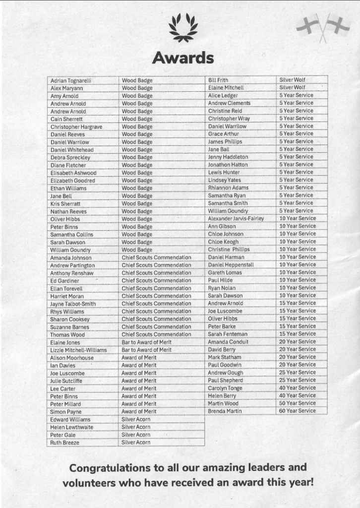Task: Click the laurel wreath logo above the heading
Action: [x=183, y=28]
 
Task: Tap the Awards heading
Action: [x=183, y=58]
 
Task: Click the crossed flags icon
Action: [x=323, y=27]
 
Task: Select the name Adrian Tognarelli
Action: [x=71, y=80]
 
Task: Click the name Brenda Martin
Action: [x=225, y=411]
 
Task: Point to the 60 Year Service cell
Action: [x=297, y=411]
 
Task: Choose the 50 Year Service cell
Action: [x=297, y=403]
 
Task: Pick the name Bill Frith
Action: [x=218, y=80]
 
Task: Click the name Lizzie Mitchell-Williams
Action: [x=78, y=350]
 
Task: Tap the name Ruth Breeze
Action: [x=64, y=443]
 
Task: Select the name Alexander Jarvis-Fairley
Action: [x=236, y=218]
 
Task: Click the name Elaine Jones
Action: [x=65, y=342]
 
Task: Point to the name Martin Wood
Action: [x=223, y=403]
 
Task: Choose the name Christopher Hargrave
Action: [x=76, y=127]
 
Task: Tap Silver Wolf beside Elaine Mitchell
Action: [x=292, y=87]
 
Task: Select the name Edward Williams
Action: [x=70, y=419]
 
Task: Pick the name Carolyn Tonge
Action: [x=225, y=388]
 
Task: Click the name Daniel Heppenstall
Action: [x=231, y=264]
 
